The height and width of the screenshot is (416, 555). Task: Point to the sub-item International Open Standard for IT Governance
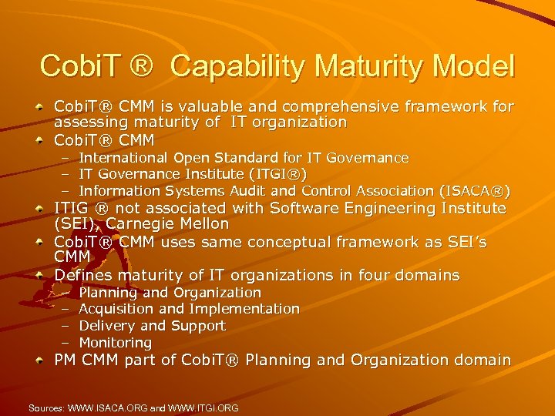(x=244, y=158)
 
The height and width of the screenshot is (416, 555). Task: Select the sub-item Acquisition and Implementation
(x=190, y=309)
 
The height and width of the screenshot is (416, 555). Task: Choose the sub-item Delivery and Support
(x=153, y=326)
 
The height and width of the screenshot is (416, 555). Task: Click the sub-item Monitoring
(x=116, y=343)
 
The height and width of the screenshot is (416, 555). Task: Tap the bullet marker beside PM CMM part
(x=39, y=361)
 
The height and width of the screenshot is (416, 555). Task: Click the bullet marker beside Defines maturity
(x=39, y=276)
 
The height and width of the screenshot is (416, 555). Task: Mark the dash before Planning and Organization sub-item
(x=66, y=293)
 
